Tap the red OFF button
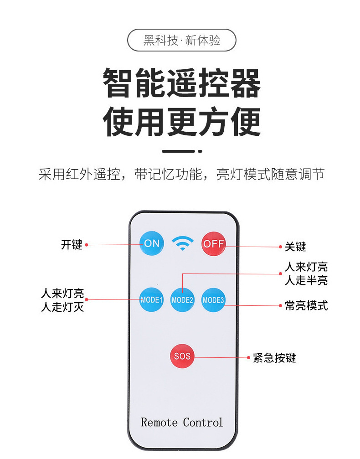[213, 243]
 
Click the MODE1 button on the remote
[151, 300]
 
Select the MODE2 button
[182, 300]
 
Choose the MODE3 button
[213, 300]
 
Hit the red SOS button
[182, 356]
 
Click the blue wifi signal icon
[183, 243]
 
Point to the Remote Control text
[182, 422]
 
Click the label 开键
[72, 245]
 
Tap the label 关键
[295, 247]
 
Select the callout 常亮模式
[306, 305]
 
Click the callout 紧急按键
[274, 358]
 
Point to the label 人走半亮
[306, 280]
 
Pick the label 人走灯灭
[62, 307]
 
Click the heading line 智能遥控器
[182, 84]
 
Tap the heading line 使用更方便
[182, 122]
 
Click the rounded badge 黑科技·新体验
[182, 40]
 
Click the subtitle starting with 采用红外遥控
[182, 174]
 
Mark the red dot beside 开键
[87, 245]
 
